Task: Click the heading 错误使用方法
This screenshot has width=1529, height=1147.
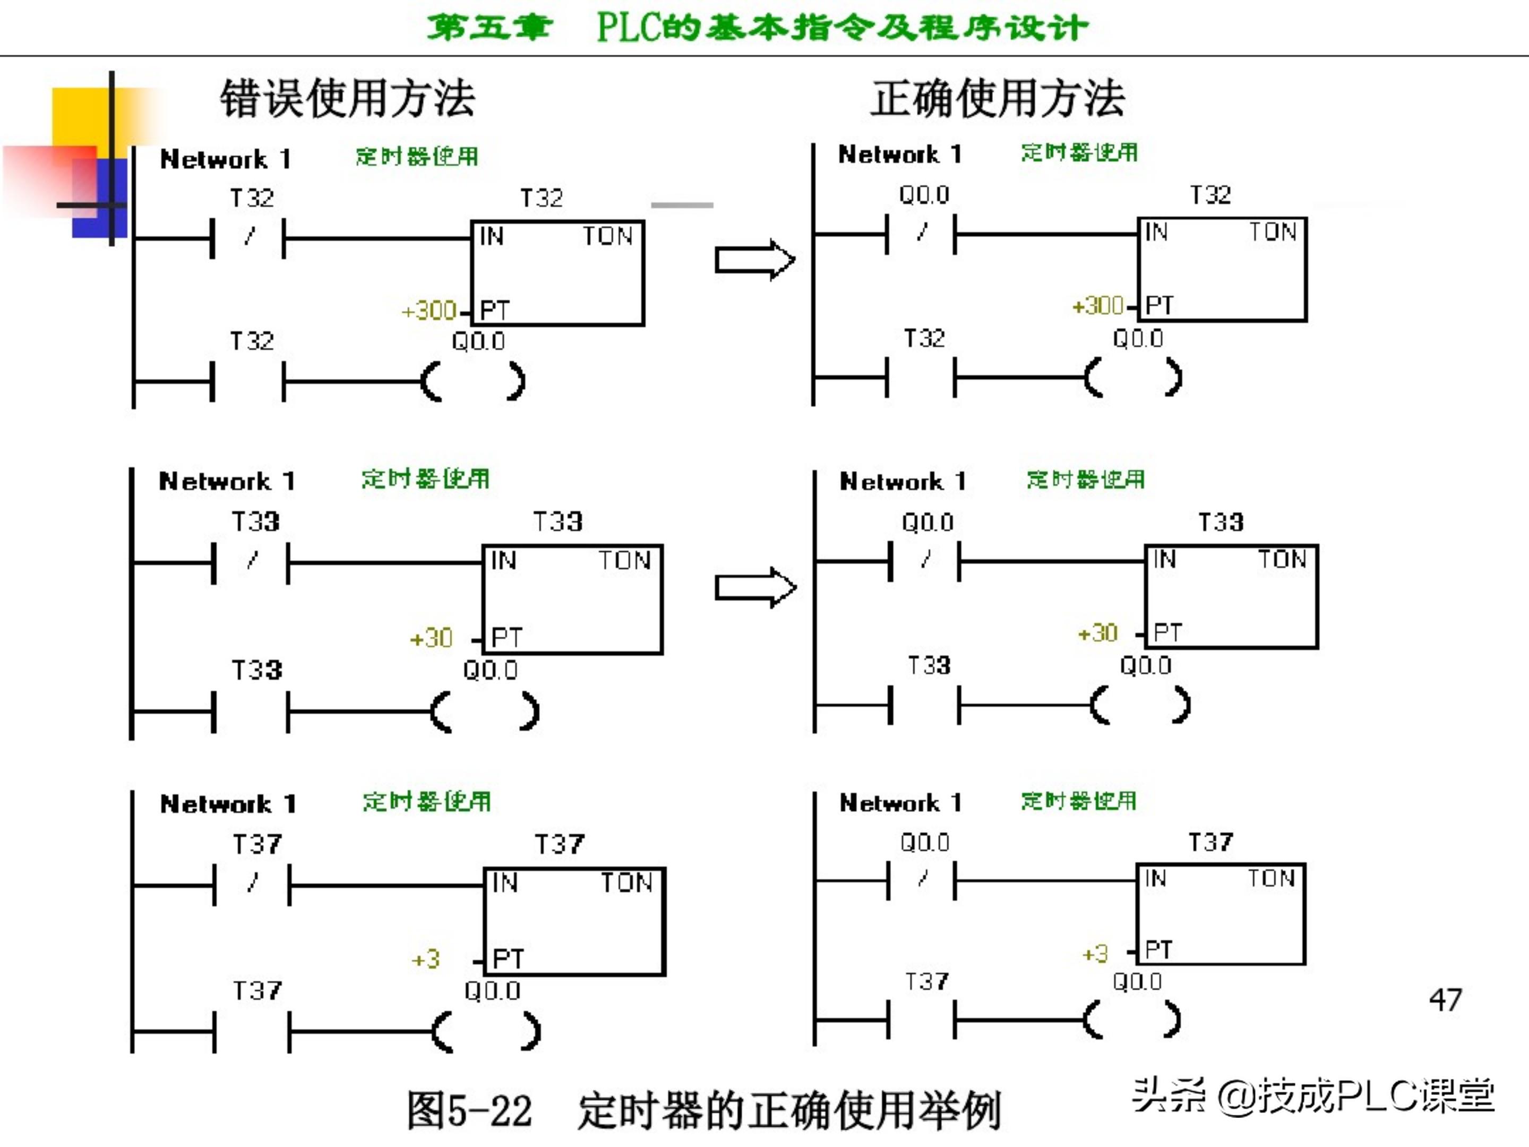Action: click(347, 98)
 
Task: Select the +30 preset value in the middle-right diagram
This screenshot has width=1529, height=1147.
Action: click(1098, 632)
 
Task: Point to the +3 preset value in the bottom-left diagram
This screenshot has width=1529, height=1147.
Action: click(426, 959)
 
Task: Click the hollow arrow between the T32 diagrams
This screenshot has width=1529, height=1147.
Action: click(755, 260)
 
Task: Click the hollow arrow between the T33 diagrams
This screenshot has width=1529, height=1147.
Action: click(755, 588)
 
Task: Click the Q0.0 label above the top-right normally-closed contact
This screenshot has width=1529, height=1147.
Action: click(924, 195)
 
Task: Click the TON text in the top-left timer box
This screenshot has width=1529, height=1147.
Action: click(607, 236)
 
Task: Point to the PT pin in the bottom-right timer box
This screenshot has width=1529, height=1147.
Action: click(1158, 949)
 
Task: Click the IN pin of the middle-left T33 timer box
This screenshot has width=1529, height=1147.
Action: click(503, 560)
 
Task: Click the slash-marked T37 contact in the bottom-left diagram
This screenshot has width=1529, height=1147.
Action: click(252, 884)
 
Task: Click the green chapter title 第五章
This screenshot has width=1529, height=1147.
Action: click(489, 28)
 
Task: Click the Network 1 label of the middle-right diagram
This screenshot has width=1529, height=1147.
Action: click(902, 481)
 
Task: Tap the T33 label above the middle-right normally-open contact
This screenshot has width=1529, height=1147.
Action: click(929, 665)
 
